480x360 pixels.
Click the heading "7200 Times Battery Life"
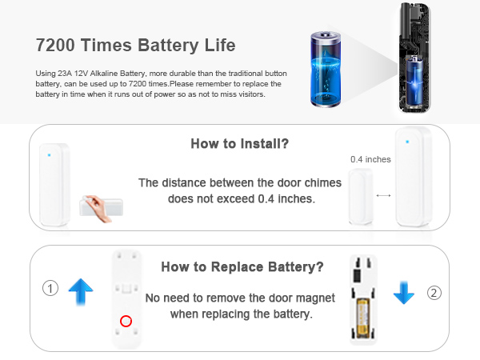(x=136, y=44)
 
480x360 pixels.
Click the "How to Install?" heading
(x=239, y=144)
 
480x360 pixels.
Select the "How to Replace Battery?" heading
(x=242, y=267)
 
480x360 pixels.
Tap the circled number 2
(x=434, y=293)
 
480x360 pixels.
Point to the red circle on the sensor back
(x=125, y=322)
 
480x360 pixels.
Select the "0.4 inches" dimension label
(x=370, y=159)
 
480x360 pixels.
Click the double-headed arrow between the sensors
(x=383, y=194)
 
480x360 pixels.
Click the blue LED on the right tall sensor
(x=407, y=142)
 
